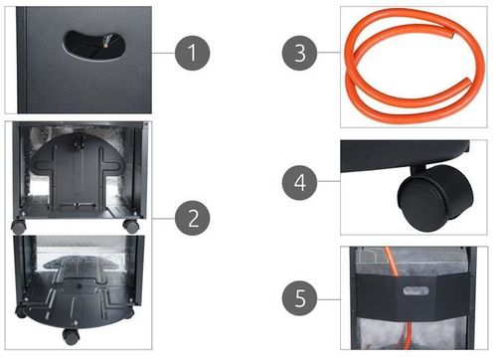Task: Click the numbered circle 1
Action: click(192, 53)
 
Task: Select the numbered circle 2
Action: click(192, 218)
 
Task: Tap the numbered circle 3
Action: click(299, 53)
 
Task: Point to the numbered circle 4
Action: click(299, 182)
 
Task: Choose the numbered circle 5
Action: click(299, 297)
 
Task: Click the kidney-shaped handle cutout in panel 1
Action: click(94, 45)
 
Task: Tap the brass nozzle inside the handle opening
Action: click(106, 42)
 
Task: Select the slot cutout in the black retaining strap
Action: click(415, 290)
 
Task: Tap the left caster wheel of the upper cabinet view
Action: click(19, 226)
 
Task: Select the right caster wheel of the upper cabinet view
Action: click(131, 226)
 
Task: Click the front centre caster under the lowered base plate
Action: click(71, 336)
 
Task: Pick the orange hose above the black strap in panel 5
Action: click(391, 261)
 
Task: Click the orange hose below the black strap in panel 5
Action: click(409, 335)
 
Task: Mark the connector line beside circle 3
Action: click(329, 53)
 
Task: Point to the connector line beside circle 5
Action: click(329, 299)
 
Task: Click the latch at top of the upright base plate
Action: click(79, 142)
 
